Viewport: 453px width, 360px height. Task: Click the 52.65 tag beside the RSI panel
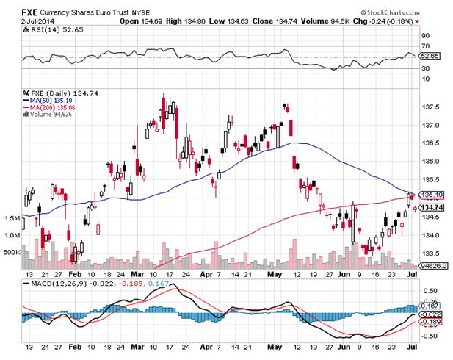[430, 55]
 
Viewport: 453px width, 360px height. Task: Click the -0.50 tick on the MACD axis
[430, 336]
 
